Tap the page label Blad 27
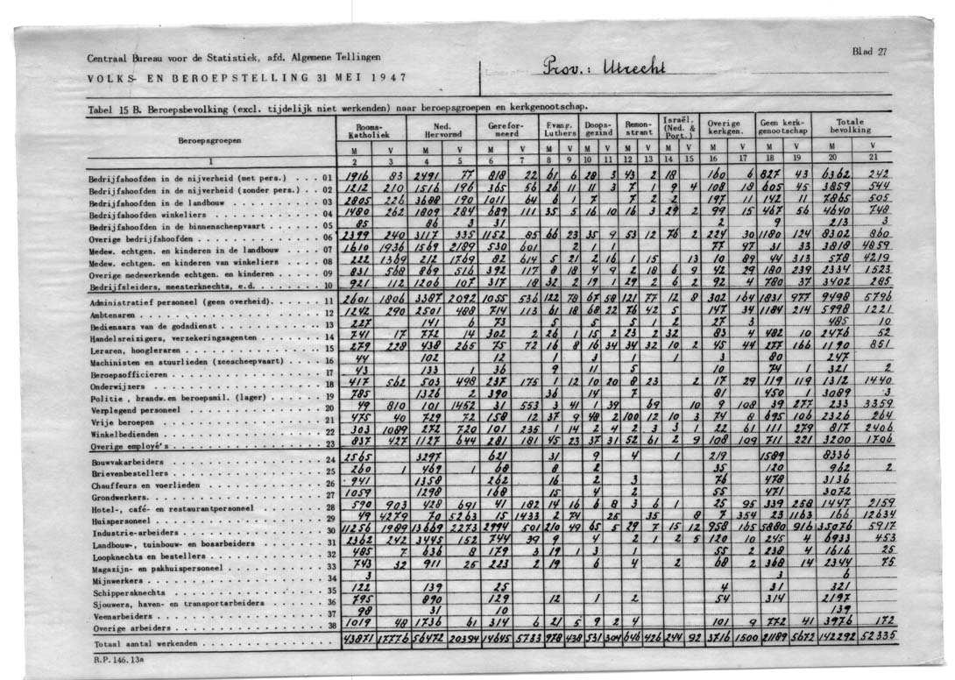(869, 52)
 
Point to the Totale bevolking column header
(849, 126)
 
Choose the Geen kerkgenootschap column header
(784, 128)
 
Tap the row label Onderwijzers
(115, 384)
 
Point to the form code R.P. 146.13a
(110, 657)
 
